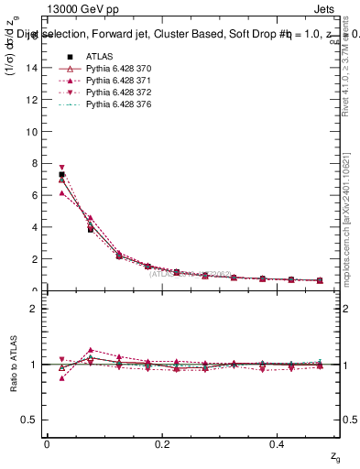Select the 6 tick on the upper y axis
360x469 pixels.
[x=36, y=195]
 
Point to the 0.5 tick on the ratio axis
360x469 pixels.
[x=33, y=420]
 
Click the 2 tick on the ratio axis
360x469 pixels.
[x=36, y=309]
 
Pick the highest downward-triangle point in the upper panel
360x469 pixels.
[x=61, y=168]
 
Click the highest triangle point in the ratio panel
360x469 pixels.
[x=90, y=350]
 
